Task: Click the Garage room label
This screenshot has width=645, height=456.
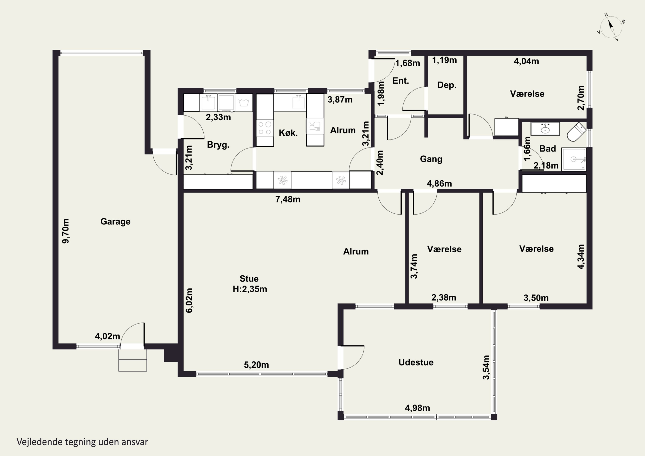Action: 115,222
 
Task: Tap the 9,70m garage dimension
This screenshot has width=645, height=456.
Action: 65,231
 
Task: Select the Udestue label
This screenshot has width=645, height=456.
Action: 416,362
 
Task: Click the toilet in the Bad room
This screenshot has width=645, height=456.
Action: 576,132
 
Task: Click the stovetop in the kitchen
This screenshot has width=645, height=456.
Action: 265,128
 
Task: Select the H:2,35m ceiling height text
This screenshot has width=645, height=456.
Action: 250,289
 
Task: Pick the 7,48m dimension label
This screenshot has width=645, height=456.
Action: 288,200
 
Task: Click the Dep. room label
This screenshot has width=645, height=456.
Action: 447,85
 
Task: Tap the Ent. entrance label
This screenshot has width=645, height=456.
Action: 401,81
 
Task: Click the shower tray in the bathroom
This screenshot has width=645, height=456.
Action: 574,159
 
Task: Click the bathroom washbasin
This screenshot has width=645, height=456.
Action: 545,129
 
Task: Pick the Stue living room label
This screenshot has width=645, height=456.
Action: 249,279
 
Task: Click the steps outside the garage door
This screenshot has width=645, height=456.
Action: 133,361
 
